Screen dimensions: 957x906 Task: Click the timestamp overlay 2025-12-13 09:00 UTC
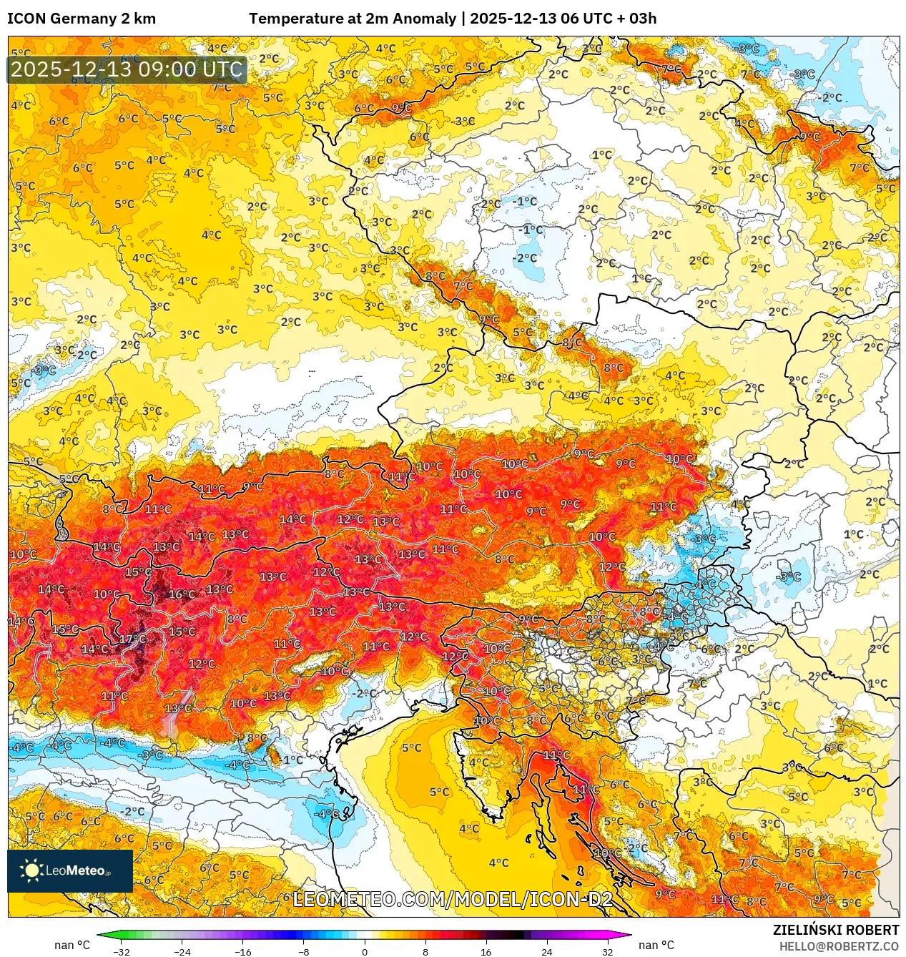click(127, 69)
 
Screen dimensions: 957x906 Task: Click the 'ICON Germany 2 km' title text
click(82, 19)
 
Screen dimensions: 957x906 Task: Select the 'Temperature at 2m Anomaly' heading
click(352, 19)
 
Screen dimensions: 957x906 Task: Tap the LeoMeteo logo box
click(70, 870)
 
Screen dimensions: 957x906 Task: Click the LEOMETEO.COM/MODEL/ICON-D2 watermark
click(452, 899)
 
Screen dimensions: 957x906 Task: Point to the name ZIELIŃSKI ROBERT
click(835, 930)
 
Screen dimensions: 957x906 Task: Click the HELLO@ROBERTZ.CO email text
click(839, 946)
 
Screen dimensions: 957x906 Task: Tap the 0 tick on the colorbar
click(365, 951)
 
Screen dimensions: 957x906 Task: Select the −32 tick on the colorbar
click(122, 951)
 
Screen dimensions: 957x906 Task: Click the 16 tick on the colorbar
click(486, 951)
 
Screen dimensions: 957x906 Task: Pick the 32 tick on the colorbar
click(607, 951)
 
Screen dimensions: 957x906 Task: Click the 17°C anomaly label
click(132, 639)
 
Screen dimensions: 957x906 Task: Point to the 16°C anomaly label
click(182, 594)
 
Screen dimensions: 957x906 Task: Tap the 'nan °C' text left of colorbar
click(72, 945)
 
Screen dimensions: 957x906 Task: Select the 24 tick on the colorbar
click(546, 951)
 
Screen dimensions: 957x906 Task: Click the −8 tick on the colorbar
click(303, 951)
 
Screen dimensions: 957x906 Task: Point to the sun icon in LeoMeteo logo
click(32, 870)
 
